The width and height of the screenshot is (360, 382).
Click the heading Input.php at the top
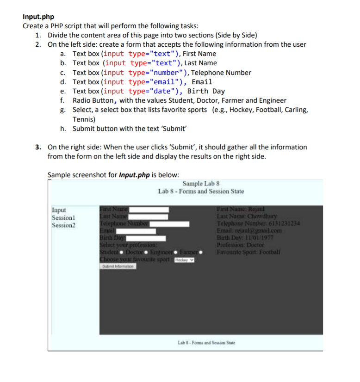(38, 17)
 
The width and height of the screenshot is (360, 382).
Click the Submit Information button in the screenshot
(118, 266)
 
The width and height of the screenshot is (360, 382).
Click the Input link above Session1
(59, 210)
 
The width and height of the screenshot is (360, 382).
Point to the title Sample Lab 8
(201, 183)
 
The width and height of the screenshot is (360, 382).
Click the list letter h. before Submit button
(62, 129)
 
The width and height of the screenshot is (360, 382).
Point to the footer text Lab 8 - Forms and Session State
(207, 343)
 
